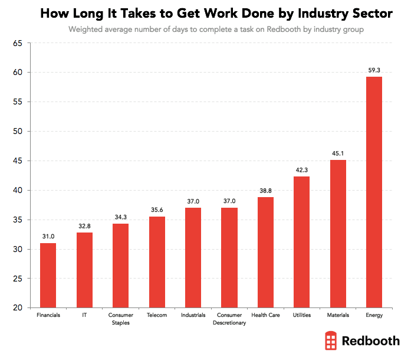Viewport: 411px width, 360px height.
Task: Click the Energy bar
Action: tap(374, 192)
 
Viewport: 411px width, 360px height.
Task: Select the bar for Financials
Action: tap(48, 275)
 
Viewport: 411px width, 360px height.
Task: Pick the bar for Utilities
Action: tap(301, 242)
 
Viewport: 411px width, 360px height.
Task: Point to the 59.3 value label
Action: tap(374, 70)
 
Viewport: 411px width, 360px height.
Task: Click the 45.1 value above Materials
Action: tap(338, 153)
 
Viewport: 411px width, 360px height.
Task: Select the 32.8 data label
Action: tap(84, 225)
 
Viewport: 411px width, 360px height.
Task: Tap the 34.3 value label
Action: tap(120, 217)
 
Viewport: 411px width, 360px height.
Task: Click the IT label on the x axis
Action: tap(84, 315)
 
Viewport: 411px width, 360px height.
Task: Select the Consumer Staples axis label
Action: tap(120, 319)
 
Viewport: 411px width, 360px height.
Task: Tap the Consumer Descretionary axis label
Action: tap(229, 319)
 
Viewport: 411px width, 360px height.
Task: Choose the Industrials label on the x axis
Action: tap(193, 315)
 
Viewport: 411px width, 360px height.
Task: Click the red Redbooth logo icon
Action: tap(331, 341)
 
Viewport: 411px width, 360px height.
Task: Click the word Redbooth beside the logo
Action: tap(371, 341)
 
